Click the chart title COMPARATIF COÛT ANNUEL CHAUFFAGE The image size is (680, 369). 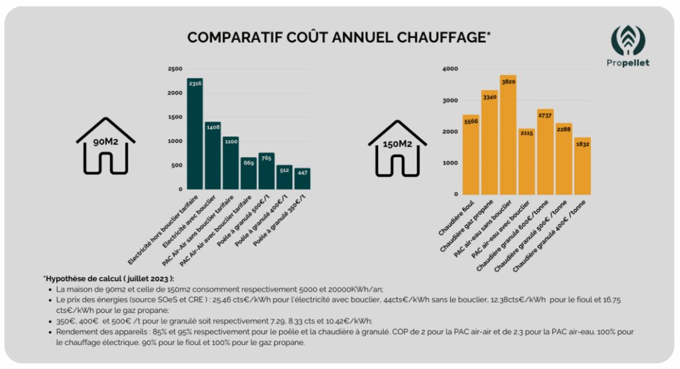[339, 37]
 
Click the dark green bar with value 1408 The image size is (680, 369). [213, 155]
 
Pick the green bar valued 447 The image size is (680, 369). [302, 179]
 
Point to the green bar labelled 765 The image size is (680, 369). [266, 170]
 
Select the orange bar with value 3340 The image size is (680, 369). [489, 143]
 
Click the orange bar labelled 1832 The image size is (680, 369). [582, 166]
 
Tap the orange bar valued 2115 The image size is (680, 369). [527, 161]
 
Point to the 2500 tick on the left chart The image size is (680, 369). [175, 69]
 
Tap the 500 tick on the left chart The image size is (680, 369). [177, 165]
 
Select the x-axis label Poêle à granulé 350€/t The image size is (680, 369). [282, 226]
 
